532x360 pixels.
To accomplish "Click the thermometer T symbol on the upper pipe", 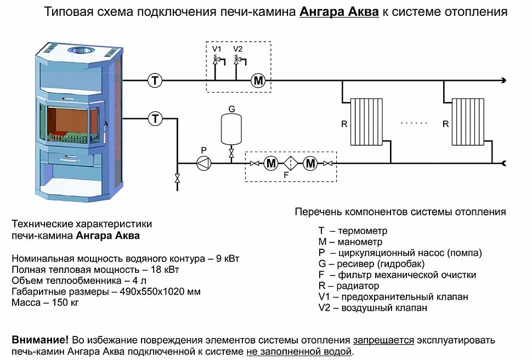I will point(155,81).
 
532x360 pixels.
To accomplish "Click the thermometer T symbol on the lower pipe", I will point(155,118).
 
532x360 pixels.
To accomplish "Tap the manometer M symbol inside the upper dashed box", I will point(258,81).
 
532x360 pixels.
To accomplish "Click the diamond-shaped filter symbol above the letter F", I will point(290,163).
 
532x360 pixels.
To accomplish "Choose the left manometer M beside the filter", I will point(271,163).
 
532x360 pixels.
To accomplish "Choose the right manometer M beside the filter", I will point(310,163).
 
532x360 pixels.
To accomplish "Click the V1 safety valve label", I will point(217,49).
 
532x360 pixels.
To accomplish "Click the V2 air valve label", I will point(237,49).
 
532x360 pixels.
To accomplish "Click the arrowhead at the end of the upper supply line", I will point(502,81).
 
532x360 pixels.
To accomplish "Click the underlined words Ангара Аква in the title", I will point(339,12).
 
